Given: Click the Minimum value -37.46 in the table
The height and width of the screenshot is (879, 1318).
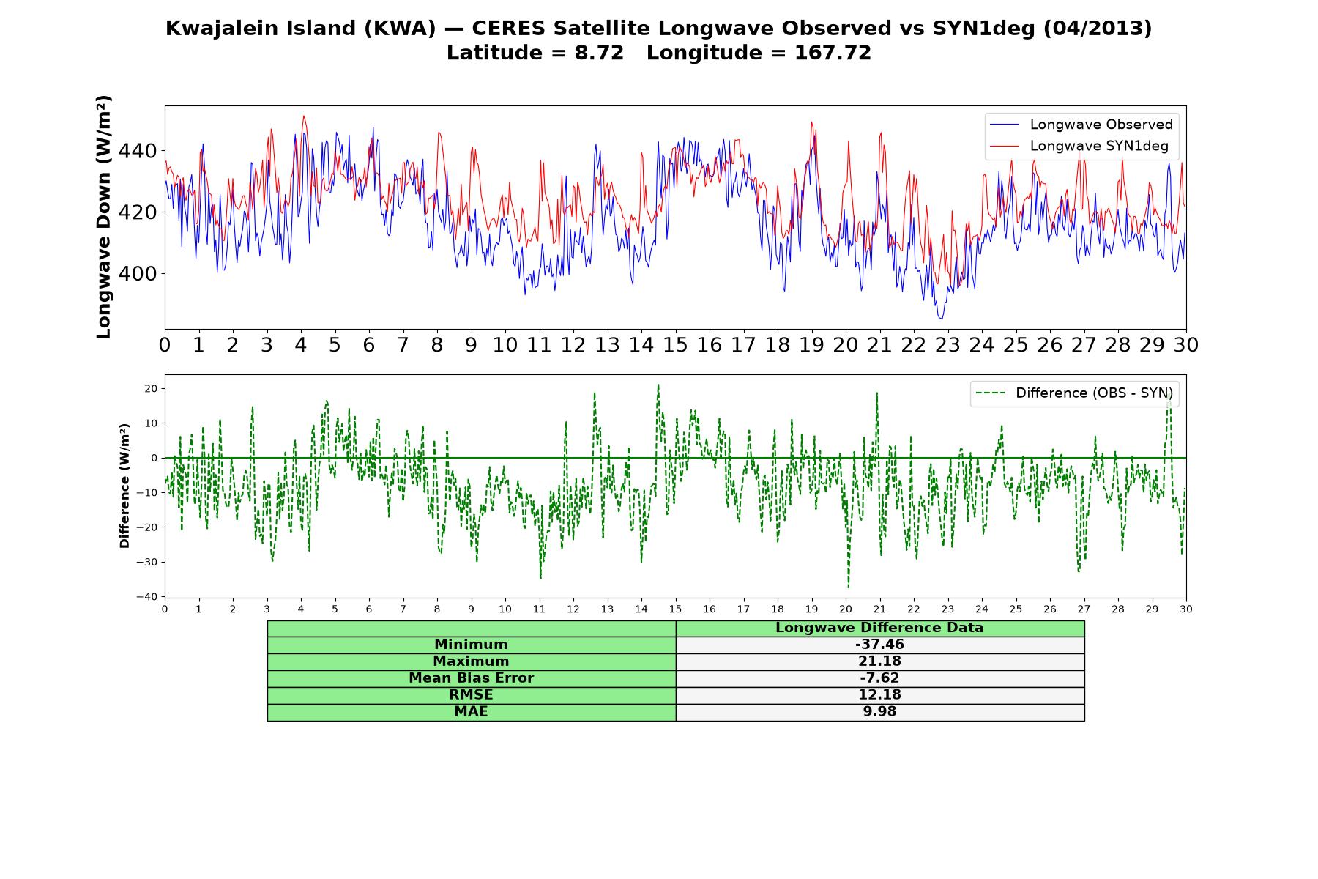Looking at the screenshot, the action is click(x=879, y=645).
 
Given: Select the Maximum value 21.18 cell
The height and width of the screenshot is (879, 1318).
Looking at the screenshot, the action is click(x=879, y=661).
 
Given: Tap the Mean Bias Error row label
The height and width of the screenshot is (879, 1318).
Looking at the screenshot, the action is click(x=471, y=678).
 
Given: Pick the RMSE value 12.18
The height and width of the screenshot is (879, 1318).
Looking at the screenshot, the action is click(x=879, y=695).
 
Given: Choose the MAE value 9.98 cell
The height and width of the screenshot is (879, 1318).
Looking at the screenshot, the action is click(x=879, y=712).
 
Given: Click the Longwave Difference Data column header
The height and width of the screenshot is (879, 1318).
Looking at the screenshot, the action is click(x=879, y=628).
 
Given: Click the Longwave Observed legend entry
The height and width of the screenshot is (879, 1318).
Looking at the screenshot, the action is click(x=1081, y=125).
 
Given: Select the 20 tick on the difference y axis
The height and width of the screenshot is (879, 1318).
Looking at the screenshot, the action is click(x=152, y=388).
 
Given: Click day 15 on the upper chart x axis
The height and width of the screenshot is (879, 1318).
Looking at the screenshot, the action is click(x=675, y=345).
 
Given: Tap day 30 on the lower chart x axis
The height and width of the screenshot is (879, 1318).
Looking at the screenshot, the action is click(x=1186, y=609).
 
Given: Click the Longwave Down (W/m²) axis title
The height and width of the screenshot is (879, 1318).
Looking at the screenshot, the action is click(x=104, y=217).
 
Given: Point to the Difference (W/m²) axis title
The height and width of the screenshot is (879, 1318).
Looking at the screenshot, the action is click(x=125, y=486).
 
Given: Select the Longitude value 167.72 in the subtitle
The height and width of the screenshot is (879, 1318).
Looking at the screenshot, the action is click(x=833, y=53).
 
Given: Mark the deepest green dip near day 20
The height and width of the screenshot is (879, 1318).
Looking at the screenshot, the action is click(x=849, y=587).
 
